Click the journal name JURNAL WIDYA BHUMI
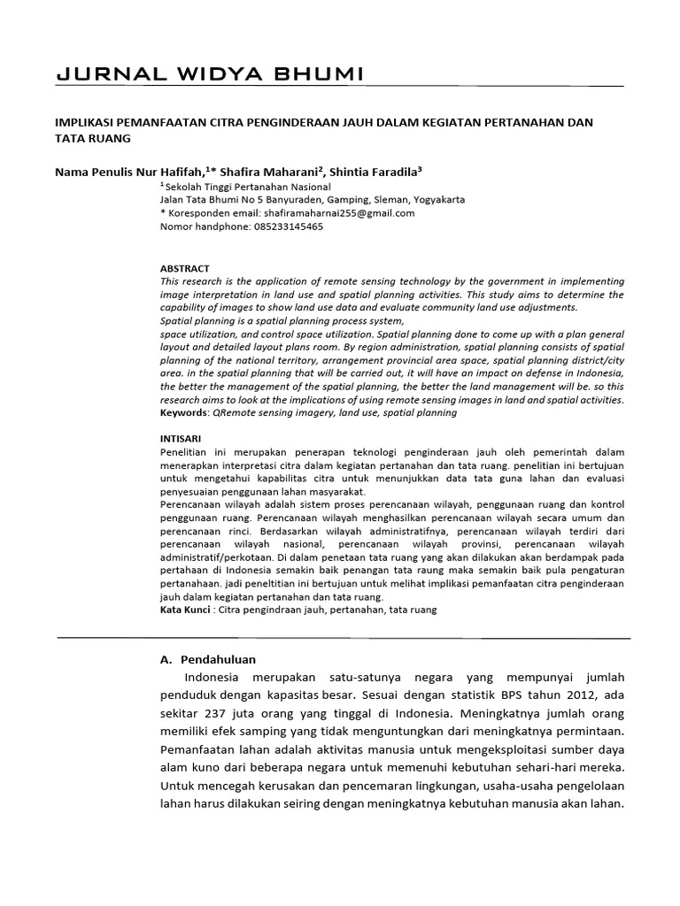pyautogui.click(x=209, y=74)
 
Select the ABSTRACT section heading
pyautogui.click(x=184, y=268)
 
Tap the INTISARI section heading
pyautogui.click(x=182, y=437)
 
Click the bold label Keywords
pyautogui.click(x=183, y=412)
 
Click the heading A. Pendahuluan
pyautogui.click(x=207, y=659)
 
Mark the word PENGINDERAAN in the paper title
pyautogui.click(x=298, y=120)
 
